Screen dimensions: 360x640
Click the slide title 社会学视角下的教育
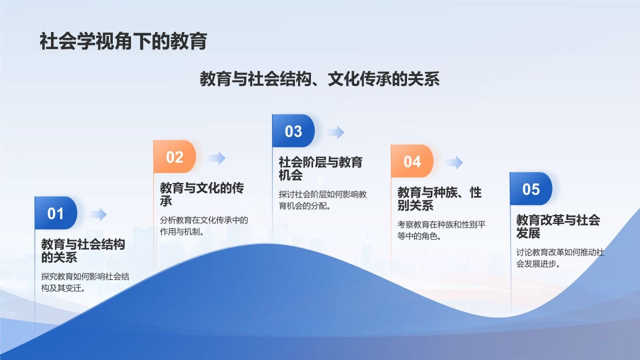coord(123,41)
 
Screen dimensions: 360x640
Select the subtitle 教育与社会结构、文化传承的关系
coord(319,79)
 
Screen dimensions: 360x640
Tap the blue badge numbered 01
coord(55,213)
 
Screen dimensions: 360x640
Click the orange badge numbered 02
coord(174,157)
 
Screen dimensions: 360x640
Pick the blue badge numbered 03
coord(293,131)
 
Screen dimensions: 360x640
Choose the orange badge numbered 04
coord(412,161)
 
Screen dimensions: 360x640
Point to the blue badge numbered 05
coord(531,189)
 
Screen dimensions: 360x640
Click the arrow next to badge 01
coord(98,214)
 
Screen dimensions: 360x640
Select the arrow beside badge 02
coord(216,158)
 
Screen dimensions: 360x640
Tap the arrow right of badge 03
coord(335,132)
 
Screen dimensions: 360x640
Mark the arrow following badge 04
coord(454,162)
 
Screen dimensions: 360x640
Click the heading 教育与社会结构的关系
coord(82,251)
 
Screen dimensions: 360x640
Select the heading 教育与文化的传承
coord(201,194)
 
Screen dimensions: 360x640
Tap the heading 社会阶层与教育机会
coord(320,168)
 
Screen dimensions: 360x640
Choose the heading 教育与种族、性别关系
coord(439,199)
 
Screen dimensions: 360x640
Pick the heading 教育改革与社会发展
coord(557,226)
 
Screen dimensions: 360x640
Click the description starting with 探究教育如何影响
coord(85,282)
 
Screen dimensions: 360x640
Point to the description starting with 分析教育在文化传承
coord(204,225)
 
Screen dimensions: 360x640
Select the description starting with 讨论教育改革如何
coord(560,258)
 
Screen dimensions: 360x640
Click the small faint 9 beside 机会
coord(320,180)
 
